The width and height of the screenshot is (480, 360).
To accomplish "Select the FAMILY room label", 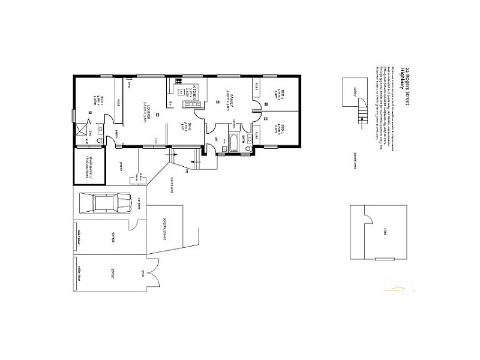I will coord(229,99).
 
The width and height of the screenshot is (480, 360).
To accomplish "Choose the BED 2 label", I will coord(276,95).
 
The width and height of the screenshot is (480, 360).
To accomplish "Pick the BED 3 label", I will coord(276,129).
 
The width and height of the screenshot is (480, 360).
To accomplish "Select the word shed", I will coord(384,232).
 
